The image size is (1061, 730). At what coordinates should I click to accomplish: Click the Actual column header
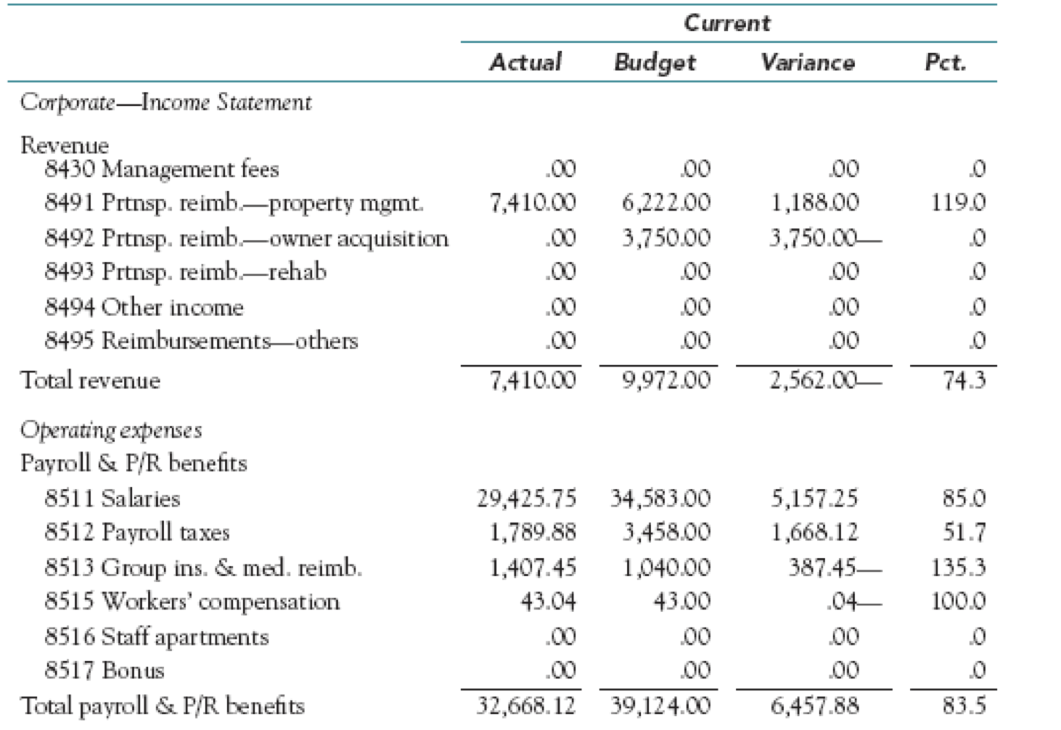pos(525,62)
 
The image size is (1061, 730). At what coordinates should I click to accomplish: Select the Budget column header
pos(655,63)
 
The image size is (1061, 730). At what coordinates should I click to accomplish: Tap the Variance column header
pos(807,62)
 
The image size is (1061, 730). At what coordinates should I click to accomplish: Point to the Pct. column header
pos(945,62)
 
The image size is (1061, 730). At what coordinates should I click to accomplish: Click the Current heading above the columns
pos(727,23)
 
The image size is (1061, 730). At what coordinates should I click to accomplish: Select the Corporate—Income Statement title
pos(165,102)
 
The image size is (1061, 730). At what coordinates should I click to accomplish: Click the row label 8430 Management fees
pos(161,169)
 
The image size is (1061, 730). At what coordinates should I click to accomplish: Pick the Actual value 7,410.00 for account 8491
pos(533,202)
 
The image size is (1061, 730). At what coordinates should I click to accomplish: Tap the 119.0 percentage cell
pos(958,202)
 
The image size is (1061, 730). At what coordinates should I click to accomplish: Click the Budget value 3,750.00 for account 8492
pos(666,238)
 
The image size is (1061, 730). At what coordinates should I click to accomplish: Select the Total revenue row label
pos(90,380)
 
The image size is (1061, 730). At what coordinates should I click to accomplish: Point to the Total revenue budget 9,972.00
pos(666,380)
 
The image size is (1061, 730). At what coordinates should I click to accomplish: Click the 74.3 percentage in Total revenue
pos(964,380)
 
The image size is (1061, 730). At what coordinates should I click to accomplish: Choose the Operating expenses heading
pos(111,430)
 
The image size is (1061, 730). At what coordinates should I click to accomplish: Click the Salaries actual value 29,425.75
pos(526,499)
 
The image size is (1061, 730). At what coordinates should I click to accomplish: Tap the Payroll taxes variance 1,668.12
pos(814,533)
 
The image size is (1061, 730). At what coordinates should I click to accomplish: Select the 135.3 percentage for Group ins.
pos(958,567)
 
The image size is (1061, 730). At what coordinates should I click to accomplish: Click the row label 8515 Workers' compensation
pos(192,602)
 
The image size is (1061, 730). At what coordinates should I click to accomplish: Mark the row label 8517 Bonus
pos(104,670)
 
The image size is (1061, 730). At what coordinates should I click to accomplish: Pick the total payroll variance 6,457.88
pos(814,705)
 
